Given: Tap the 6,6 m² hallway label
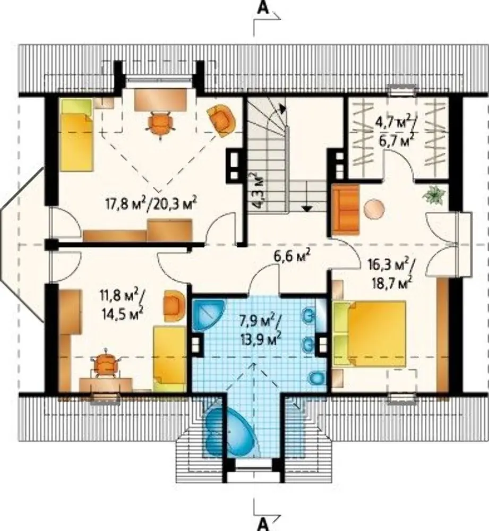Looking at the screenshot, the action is click(292, 256).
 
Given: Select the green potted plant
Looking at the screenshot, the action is click(433, 195).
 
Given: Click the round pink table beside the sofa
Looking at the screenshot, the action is click(374, 209).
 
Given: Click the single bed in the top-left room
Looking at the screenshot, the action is click(77, 135).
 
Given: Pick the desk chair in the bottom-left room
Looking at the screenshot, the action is click(106, 365).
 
